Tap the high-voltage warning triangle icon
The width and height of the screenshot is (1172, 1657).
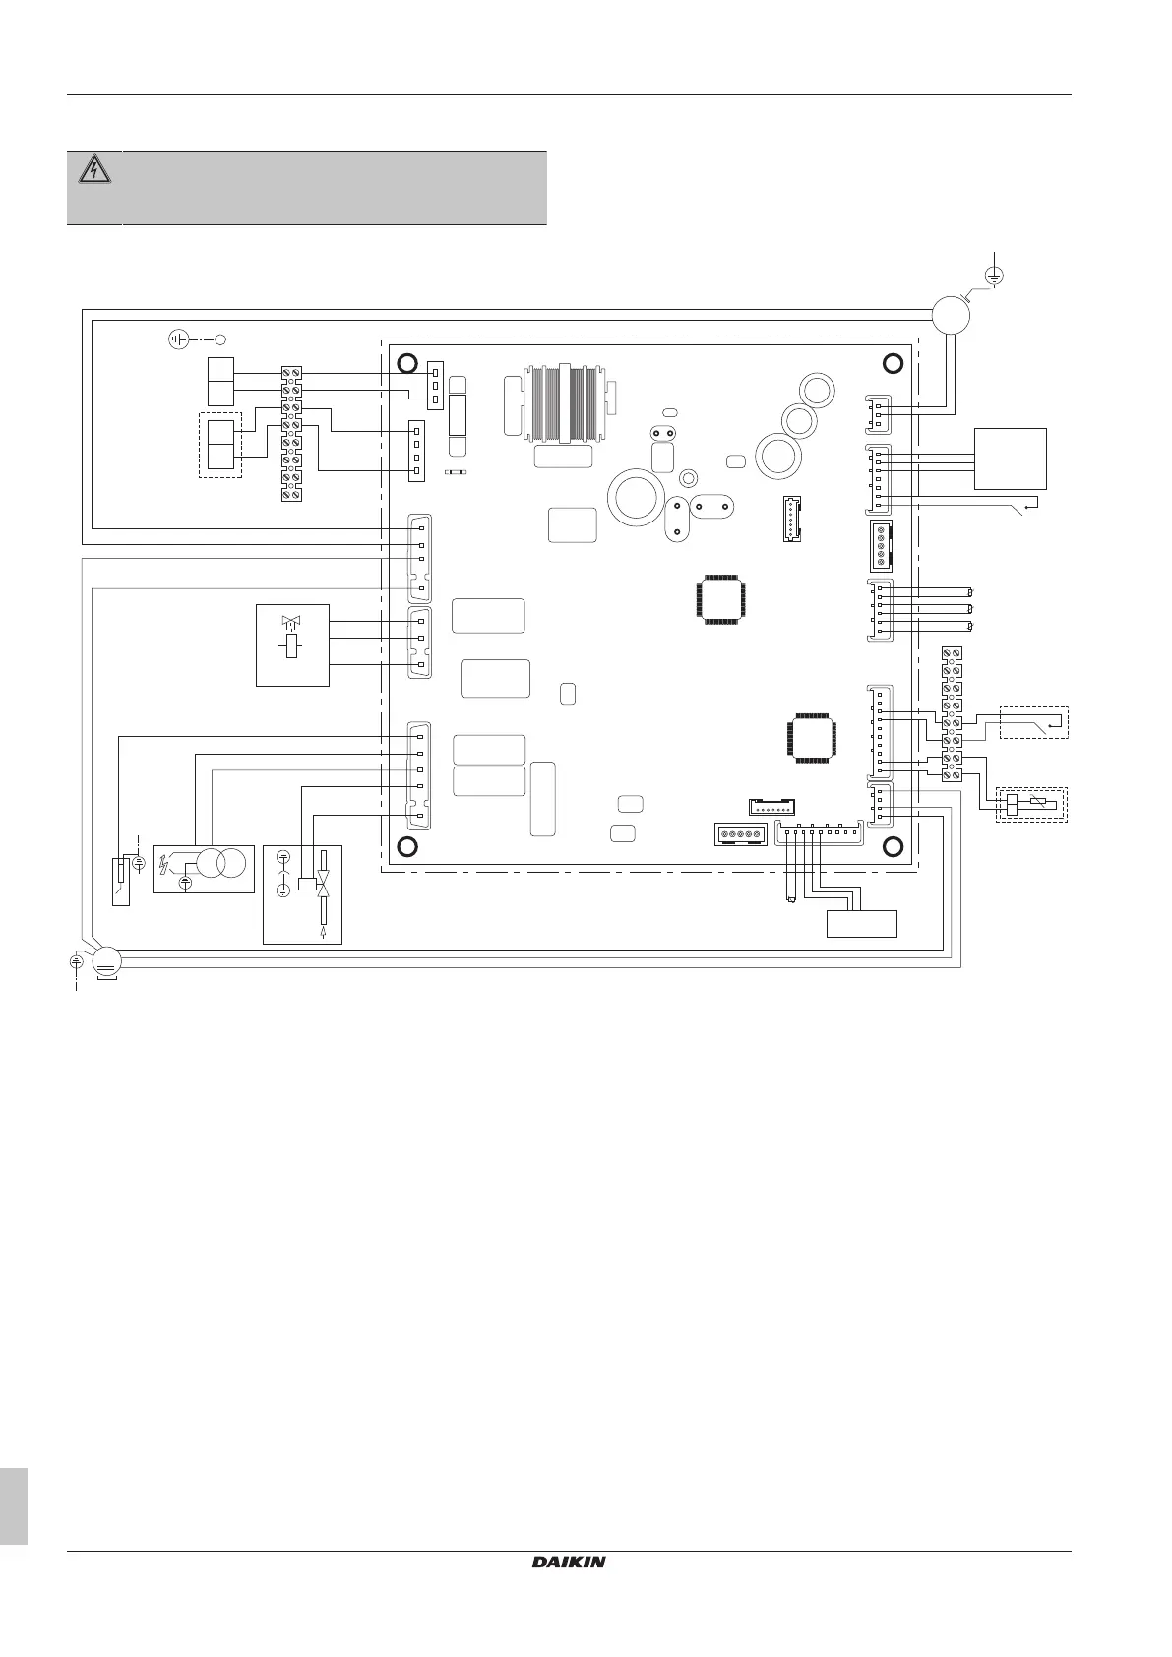coord(94,170)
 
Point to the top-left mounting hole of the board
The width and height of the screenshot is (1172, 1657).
coord(406,365)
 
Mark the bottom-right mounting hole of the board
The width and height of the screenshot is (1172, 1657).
coord(894,846)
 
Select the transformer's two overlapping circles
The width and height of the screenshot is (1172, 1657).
coord(221,863)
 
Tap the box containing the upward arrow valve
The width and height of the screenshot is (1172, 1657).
coord(303,892)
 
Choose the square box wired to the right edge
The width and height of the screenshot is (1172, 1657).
coord(1010,459)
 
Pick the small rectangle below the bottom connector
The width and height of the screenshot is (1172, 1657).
coord(861,924)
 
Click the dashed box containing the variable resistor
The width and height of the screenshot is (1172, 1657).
coord(1031,805)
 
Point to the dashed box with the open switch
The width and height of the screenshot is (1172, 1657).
coord(1033,722)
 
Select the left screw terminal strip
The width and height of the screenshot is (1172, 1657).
coord(291,433)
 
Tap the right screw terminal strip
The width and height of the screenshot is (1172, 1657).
coord(952,714)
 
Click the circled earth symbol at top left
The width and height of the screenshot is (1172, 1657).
coord(177,340)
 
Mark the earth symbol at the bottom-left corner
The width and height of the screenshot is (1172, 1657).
coord(76,959)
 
